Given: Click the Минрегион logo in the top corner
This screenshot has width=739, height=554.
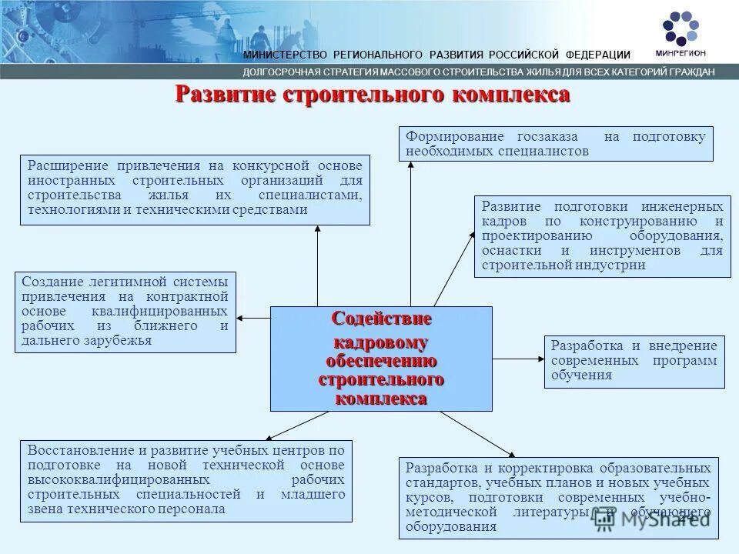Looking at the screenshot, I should (x=681, y=33).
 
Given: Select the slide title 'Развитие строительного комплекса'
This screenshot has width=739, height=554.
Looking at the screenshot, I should (x=373, y=95).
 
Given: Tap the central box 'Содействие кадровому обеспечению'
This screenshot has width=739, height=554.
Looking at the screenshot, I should (x=380, y=359).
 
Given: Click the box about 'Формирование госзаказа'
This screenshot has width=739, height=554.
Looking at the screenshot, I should (x=556, y=144).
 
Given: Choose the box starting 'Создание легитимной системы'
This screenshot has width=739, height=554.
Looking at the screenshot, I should (x=125, y=312).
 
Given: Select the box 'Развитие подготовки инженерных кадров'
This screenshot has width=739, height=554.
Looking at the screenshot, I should (x=602, y=236).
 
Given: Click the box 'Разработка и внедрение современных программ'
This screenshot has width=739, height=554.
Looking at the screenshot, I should (x=634, y=361).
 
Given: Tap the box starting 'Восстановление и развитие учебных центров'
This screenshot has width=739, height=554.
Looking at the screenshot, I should (x=186, y=480).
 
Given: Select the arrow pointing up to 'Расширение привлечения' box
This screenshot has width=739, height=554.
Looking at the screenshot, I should (x=317, y=265).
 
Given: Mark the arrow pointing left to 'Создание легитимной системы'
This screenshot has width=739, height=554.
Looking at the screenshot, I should (x=254, y=317).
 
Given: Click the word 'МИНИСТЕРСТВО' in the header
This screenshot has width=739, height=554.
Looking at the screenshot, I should (x=285, y=55).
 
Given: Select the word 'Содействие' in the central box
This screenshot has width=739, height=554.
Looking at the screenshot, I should (x=381, y=318).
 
